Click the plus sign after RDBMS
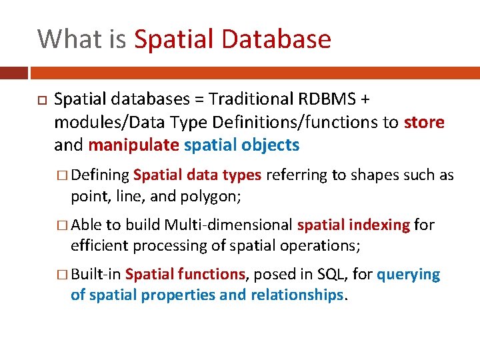click(x=364, y=100)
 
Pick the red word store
click(x=424, y=123)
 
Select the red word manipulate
click(x=133, y=145)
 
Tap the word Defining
click(x=100, y=175)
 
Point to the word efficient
click(x=99, y=245)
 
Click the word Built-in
click(x=96, y=275)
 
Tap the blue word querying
click(x=409, y=275)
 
